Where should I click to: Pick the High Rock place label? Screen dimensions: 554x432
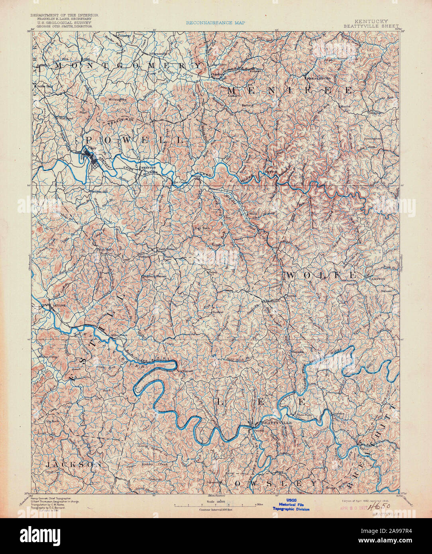[x=202, y=228]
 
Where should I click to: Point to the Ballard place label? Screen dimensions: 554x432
[x=248, y=105]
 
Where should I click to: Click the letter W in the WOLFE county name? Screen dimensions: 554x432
[x=291, y=275]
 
